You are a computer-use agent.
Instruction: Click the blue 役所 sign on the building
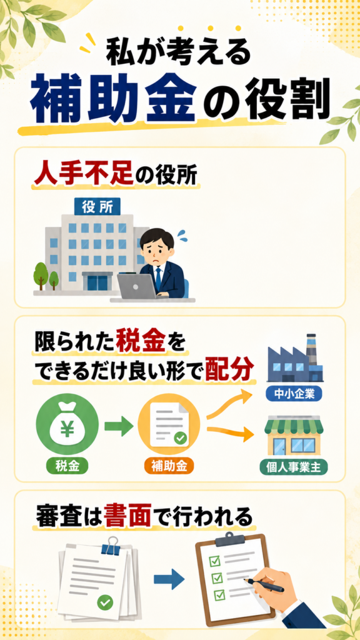(97, 207)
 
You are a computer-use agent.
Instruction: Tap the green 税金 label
(67, 466)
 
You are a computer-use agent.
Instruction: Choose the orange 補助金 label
(169, 466)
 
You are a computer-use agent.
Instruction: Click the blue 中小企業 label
(294, 394)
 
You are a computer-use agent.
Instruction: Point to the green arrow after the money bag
(119, 426)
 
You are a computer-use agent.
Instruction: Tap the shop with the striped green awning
(294, 436)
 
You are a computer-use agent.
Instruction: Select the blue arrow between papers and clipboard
(169, 580)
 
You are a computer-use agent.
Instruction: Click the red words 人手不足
(82, 175)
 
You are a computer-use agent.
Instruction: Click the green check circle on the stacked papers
(105, 602)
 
